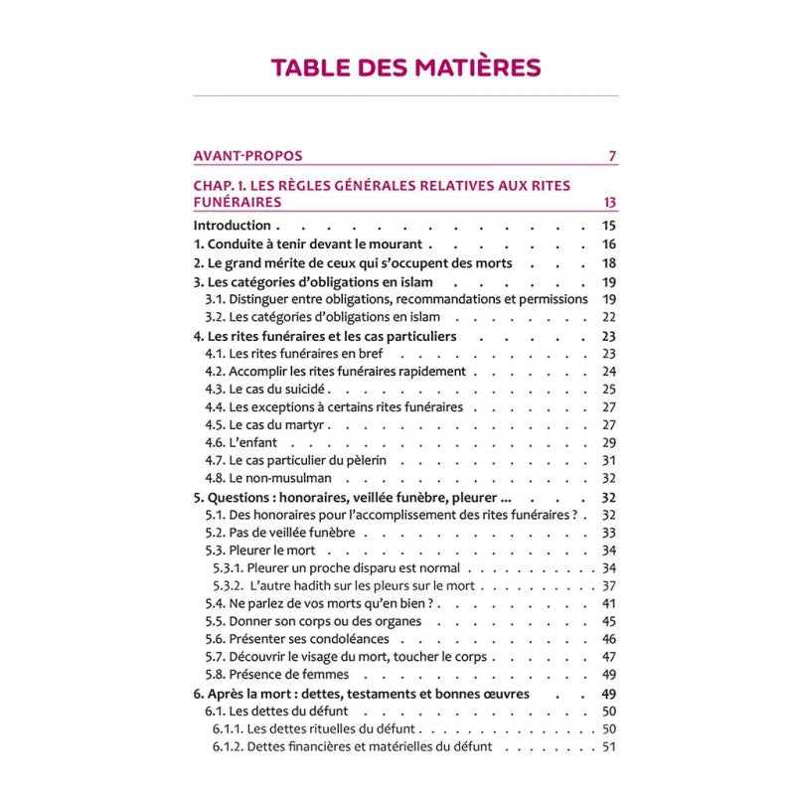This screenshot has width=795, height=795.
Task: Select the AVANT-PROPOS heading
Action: [x=247, y=155]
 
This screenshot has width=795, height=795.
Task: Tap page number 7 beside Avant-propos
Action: [x=612, y=155]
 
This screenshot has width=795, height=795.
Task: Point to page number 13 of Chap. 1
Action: [x=609, y=202]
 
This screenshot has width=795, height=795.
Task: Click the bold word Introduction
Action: [x=232, y=226]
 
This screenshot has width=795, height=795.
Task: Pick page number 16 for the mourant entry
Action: [x=609, y=244]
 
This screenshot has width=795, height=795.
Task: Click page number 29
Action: [x=609, y=442]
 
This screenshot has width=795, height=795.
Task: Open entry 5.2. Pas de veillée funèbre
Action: [x=279, y=533]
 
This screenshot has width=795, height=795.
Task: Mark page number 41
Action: [x=609, y=603]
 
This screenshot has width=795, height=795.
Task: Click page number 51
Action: [x=609, y=747]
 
